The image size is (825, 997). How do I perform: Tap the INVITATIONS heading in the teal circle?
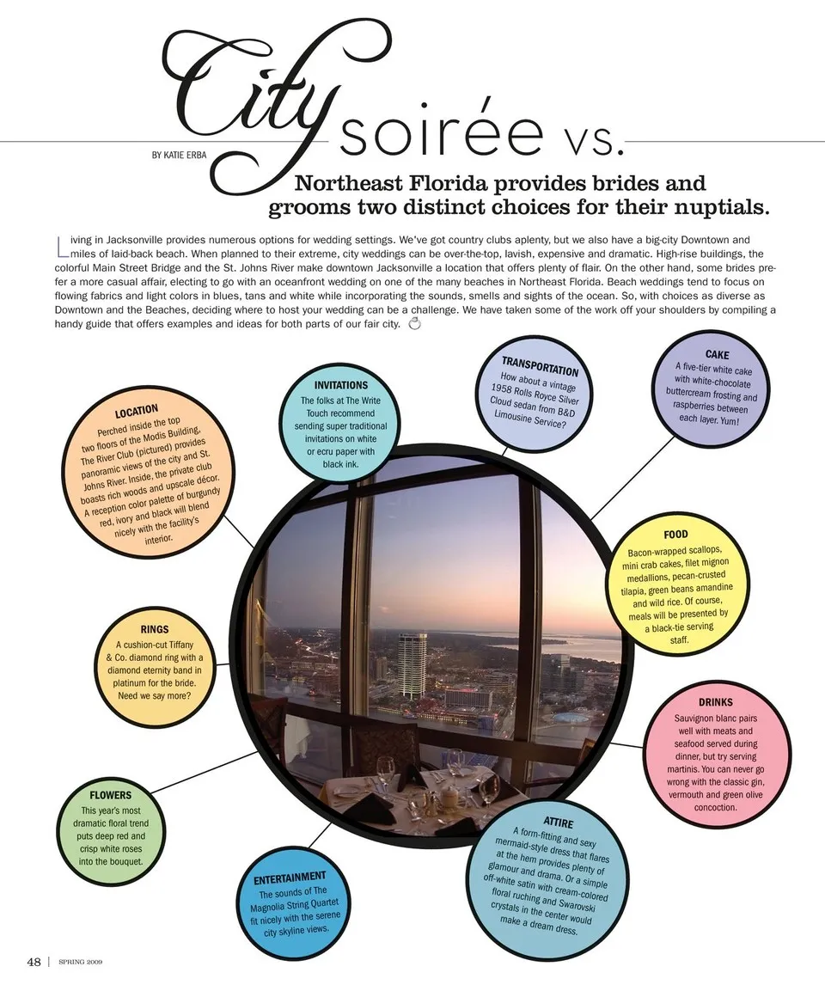coord(341,386)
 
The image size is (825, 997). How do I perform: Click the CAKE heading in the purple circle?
coord(717,354)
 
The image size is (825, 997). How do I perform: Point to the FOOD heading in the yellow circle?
coord(675,535)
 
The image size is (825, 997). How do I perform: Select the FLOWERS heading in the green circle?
coord(111,795)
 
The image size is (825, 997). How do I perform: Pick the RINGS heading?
coord(155,630)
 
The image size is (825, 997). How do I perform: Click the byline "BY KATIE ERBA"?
coord(180,156)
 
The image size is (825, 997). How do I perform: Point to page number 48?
coord(34,962)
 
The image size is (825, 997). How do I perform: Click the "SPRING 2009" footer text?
coord(81,963)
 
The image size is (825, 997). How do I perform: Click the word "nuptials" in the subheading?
coord(724,207)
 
